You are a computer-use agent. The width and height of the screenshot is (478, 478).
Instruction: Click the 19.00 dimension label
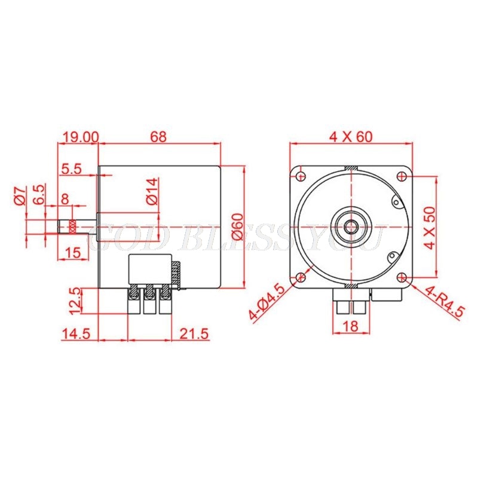coord(79,136)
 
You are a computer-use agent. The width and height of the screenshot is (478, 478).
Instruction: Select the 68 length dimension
coord(158,136)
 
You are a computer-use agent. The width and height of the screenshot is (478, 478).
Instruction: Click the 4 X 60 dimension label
coord(351,136)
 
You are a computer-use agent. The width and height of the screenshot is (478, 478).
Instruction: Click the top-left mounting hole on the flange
coord(300,176)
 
